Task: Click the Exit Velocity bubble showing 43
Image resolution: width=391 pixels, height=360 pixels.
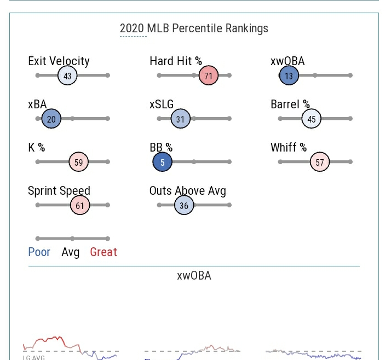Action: tap(67, 76)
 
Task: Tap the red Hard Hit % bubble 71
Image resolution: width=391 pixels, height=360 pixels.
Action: tap(209, 76)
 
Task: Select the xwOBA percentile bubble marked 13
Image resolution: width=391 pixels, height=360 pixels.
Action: tap(289, 76)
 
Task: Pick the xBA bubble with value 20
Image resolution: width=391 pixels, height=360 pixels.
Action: tap(51, 119)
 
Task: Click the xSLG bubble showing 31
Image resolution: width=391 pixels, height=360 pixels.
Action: tap(180, 119)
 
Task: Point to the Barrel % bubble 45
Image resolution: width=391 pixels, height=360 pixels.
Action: tap(311, 119)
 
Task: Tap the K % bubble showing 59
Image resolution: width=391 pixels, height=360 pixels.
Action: tap(79, 162)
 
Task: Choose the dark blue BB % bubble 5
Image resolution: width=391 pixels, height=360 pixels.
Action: tap(163, 162)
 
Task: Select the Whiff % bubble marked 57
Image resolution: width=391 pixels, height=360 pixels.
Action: tap(320, 162)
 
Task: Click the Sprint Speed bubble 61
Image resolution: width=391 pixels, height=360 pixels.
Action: tap(80, 205)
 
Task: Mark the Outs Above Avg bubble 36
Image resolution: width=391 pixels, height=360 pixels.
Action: tap(184, 205)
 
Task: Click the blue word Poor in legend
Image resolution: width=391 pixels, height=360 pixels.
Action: tap(39, 252)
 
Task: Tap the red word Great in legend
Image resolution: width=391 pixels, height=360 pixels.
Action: tap(104, 252)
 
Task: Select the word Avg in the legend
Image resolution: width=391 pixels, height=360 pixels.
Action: tap(70, 252)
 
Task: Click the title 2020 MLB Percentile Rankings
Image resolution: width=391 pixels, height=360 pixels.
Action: tap(194, 28)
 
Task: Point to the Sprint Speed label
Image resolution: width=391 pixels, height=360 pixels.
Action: tap(59, 191)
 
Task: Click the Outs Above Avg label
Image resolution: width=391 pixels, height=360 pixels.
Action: tap(187, 191)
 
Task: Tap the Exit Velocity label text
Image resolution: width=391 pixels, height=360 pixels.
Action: tap(59, 61)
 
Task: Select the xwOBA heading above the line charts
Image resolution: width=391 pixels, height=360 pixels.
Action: tap(194, 275)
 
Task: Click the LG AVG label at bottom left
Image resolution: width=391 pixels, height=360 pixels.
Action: tap(34, 357)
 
